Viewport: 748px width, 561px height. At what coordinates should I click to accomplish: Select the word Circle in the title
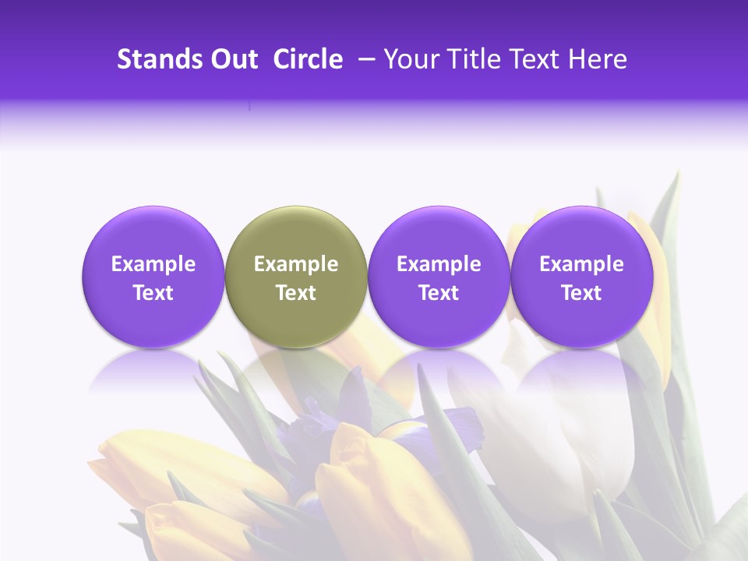tap(308, 59)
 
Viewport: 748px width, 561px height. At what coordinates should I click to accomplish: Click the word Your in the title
tap(410, 59)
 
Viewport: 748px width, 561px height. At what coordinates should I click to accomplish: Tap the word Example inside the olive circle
tap(296, 264)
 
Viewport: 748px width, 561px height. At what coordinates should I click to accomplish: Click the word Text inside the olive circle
tap(296, 293)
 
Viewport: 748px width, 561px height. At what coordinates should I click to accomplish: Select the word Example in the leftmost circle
tap(153, 264)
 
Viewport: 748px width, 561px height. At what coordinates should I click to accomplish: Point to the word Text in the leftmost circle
tap(153, 293)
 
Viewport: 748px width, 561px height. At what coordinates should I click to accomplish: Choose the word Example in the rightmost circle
tap(581, 264)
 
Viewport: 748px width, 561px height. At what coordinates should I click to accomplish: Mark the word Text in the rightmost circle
tap(581, 293)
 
